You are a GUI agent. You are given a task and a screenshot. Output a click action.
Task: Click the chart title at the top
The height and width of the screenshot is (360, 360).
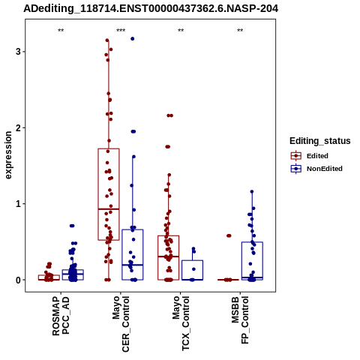pos(151,9)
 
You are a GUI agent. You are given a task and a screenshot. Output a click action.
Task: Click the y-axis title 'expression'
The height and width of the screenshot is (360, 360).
pos(8,155)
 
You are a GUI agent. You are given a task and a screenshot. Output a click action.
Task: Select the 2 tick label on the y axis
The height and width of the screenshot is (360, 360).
pos(18,127)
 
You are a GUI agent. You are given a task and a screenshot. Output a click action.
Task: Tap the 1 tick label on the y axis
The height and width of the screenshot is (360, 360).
pos(18,204)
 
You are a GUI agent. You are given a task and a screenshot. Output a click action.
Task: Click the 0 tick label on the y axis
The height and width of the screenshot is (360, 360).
pos(18,280)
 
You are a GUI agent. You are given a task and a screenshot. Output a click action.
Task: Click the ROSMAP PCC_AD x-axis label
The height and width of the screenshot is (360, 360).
pos(61,316)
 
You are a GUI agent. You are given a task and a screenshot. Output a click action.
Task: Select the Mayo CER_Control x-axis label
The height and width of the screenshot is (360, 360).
pos(121,324)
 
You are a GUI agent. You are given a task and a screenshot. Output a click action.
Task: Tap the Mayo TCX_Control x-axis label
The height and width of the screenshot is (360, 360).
pos(181,323)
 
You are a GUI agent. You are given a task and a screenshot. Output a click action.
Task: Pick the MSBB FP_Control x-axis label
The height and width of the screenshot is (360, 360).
pos(240,320)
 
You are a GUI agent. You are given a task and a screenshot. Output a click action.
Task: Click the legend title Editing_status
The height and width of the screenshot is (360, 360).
pos(320,141)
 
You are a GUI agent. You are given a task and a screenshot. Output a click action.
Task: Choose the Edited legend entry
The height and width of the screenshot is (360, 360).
pos(310,156)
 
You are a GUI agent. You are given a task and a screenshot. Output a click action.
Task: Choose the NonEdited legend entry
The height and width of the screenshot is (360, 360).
pos(316,169)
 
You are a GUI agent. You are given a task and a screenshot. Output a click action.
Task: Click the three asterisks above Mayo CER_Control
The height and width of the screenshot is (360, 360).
pos(121,31)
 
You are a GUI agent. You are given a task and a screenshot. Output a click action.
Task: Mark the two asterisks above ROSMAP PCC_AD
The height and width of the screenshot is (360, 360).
pos(61,31)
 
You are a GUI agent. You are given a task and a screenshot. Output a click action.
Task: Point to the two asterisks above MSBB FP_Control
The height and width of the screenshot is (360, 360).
pos(240,31)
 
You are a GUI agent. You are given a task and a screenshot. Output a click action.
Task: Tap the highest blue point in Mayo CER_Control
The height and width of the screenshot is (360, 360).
pos(133,39)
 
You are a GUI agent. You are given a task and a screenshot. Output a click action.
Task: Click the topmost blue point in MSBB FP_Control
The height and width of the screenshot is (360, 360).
pos(252,192)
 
